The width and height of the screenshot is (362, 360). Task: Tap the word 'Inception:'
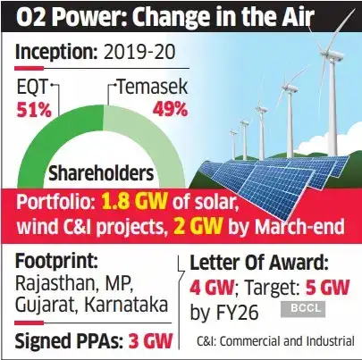coord(58,53)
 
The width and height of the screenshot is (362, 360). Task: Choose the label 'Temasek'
coord(151,88)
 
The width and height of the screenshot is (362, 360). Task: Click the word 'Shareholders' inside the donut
coord(102,172)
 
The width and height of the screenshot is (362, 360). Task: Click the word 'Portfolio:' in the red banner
coord(53,201)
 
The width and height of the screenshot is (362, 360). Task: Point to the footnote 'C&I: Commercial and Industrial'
coord(273,339)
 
